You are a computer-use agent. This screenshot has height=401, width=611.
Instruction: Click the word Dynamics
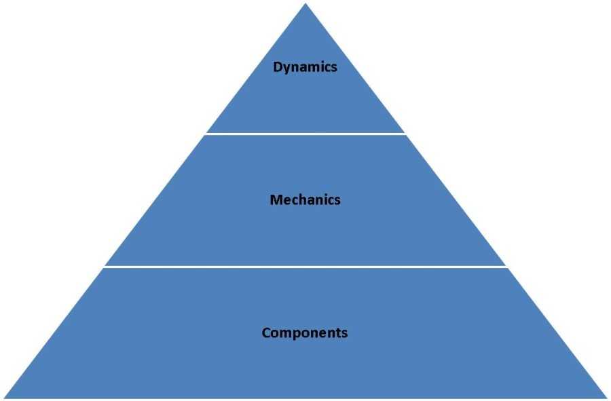(305, 67)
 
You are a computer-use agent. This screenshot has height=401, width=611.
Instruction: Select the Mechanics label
(305, 200)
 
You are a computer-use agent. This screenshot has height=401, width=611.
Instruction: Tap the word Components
(305, 333)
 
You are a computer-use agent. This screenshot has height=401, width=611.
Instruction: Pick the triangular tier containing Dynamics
(305, 102)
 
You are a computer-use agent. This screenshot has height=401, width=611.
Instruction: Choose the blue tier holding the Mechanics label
(305, 231)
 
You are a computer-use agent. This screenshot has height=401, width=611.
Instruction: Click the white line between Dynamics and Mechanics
(305, 134)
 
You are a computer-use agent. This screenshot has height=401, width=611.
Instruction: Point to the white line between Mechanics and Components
(305, 267)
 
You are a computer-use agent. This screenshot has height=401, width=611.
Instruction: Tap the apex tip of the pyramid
(305, 5)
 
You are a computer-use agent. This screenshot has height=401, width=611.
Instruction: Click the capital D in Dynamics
(277, 67)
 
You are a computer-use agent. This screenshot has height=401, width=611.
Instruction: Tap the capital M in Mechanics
(275, 200)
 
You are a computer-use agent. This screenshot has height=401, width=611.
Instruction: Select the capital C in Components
(266, 333)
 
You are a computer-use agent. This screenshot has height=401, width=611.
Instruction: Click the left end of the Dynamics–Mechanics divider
(207, 134)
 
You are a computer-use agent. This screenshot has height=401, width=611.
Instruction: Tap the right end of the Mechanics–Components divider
(506, 267)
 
